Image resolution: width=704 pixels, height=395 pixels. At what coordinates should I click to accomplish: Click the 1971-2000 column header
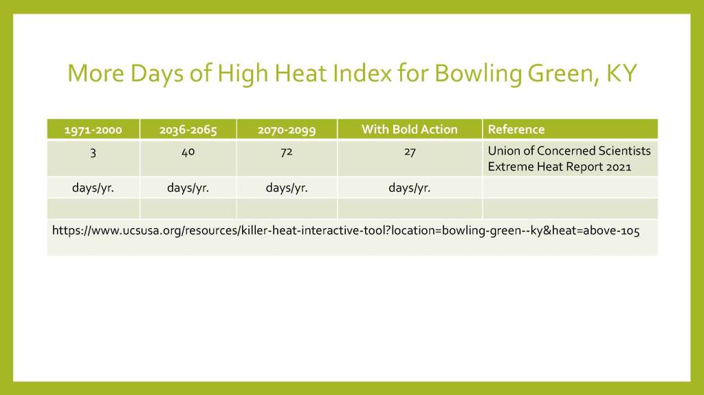click(x=93, y=130)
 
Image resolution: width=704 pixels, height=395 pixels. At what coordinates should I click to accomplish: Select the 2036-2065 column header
click(x=188, y=130)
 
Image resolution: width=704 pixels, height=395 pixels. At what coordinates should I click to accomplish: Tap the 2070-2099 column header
click(x=287, y=130)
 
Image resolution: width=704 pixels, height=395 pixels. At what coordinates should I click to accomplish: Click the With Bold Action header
click(x=410, y=129)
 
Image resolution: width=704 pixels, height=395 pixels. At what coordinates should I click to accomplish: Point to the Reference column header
click(x=516, y=129)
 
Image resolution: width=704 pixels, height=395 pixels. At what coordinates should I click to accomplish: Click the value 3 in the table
click(x=93, y=153)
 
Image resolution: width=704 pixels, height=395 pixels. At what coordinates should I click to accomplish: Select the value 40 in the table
click(x=188, y=152)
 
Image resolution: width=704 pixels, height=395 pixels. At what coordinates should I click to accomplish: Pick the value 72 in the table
click(x=287, y=152)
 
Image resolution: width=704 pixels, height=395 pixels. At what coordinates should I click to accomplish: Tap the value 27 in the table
click(x=410, y=152)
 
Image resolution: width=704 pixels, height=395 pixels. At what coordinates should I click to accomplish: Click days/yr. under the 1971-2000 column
click(x=93, y=188)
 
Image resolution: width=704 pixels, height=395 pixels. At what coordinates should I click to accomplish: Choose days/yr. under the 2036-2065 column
click(x=188, y=188)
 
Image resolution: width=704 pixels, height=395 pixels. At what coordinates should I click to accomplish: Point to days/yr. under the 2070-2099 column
click(x=287, y=188)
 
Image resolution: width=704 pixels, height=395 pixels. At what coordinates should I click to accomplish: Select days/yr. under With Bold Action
click(x=410, y=188)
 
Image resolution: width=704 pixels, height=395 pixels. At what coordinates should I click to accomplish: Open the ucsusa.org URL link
click(x=346, y=231)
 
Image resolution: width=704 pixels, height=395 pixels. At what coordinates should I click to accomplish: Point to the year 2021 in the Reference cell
click(x=619, y=167)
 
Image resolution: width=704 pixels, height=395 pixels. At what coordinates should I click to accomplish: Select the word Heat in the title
click(x=300, y=74)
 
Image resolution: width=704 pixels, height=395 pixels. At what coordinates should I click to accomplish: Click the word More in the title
click(x=96, y=74)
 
